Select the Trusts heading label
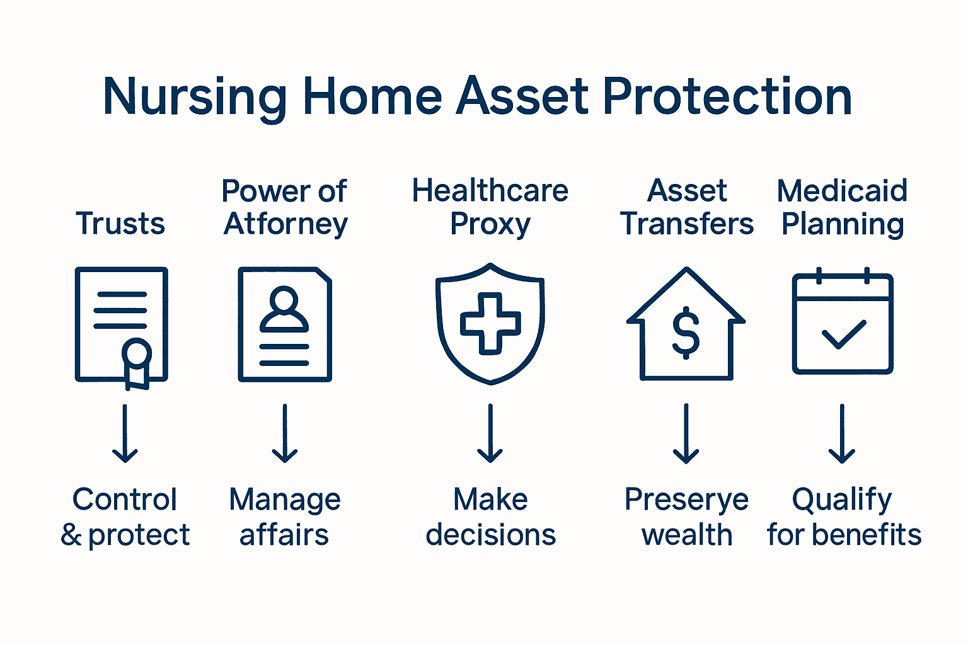tap(120, 224)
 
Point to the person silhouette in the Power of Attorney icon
tap(284, 310)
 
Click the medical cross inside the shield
tap(490, 323)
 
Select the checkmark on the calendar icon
tap(843, 334)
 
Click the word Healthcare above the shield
tap(490, 191)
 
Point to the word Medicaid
tap(842, 191)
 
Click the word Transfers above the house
tap(686, 224)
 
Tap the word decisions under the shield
tap(490, 535)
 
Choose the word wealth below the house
tap(687, 535)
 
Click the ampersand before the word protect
tap(71, 535)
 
